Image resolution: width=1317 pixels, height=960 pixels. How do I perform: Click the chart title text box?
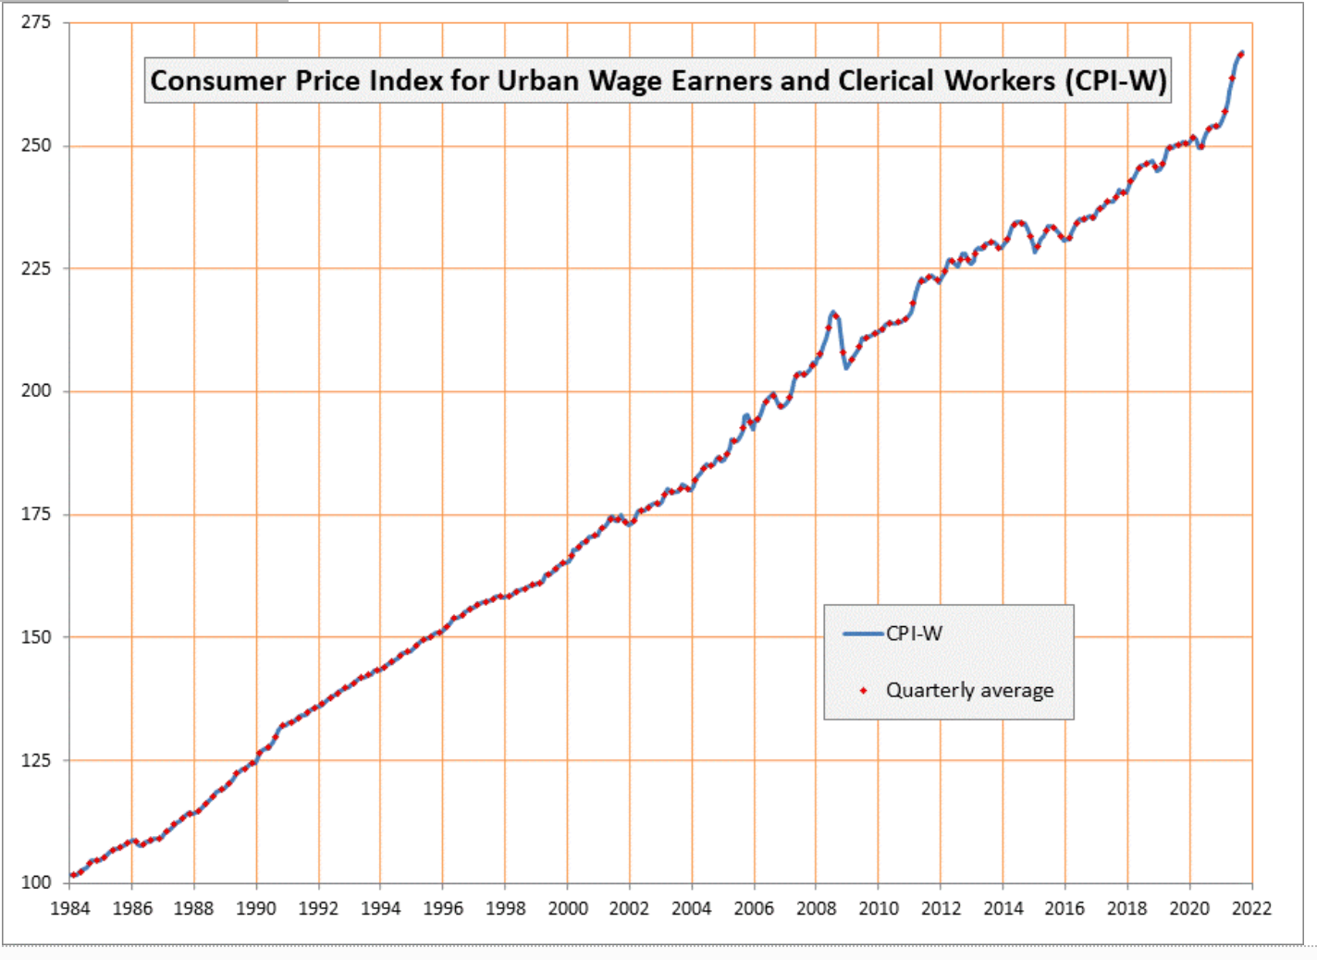tap(658, 80)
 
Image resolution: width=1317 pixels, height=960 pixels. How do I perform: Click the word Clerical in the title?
tap(885, 80)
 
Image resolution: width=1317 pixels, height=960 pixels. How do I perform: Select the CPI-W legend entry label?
tap(914, 634)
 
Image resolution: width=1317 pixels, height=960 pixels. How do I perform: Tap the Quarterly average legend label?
tap(969, 690)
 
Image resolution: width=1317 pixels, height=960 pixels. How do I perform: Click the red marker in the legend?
tap(864, 691)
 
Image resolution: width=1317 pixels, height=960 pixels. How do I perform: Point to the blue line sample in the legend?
tap(864, 634)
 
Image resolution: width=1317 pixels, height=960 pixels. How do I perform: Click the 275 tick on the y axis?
tap(36, 22)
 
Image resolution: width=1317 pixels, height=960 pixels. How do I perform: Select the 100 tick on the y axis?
tap(36, 882)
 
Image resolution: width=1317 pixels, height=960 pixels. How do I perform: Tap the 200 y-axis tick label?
tap(36, 390)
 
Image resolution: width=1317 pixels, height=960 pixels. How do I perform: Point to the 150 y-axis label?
tap(36, 636)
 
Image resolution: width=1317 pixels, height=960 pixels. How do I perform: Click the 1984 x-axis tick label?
tap(69, 908)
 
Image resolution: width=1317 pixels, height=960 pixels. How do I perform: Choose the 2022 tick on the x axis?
tap(1251, 908)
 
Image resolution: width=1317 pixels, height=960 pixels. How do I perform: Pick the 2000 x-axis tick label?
tap(567, 908)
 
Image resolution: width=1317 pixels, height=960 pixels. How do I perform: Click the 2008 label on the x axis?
tap(816, 908)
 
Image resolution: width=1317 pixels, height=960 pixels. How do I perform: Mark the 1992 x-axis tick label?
tap(318, 908)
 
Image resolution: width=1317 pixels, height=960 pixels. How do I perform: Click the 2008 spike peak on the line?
tap(833, 313)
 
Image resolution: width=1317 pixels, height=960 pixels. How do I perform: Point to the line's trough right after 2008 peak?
tap(846, 367)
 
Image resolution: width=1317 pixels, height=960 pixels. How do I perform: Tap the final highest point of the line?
tap(1241, 53)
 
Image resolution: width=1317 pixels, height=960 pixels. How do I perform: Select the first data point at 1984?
tap(72, 875)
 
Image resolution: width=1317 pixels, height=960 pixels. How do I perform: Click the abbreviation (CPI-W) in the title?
tap(1115, 80)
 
